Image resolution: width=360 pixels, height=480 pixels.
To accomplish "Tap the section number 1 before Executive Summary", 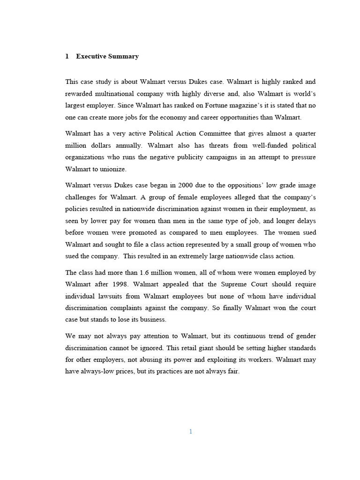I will pos(67,56).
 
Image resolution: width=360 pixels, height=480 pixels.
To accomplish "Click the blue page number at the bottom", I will pos(190,432).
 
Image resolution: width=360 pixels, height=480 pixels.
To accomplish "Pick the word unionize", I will pos(112,169).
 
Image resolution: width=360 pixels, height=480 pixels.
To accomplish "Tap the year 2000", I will pos(186,185).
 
